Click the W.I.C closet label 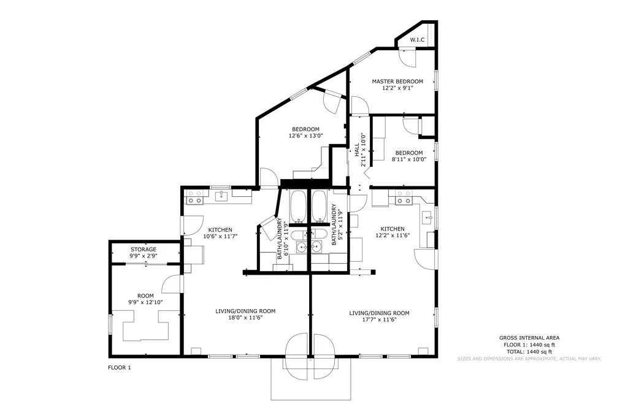417,40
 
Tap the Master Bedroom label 397,82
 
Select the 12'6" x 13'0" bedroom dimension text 305,136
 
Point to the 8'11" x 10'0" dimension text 409,159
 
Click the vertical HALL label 357,150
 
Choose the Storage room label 144,250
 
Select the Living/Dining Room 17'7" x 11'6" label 379,316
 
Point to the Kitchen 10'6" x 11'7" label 220,233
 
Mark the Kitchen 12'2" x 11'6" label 392,232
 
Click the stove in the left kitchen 194,197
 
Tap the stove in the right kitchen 404,197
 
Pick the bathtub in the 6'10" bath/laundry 297,206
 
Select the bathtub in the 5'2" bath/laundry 319,206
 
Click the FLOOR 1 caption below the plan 120,367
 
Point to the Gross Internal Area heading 529,338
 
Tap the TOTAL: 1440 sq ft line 529,351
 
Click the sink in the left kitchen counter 221,196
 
